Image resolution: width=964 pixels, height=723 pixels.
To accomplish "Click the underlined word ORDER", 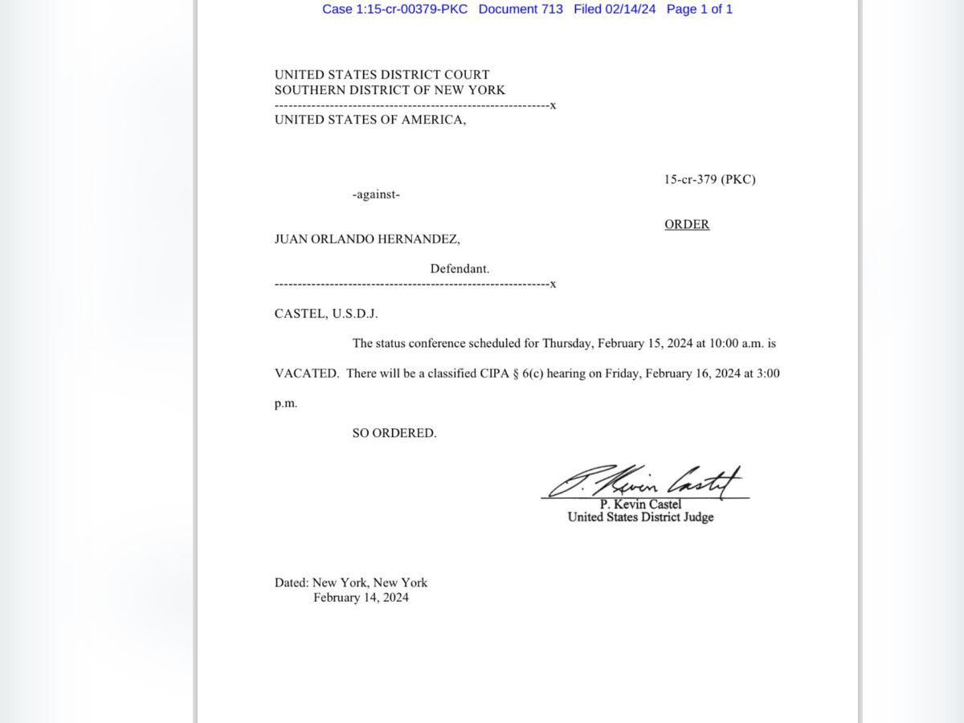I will (x=687, y=224).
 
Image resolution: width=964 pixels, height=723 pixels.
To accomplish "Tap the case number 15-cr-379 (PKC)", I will (x=709, y=179).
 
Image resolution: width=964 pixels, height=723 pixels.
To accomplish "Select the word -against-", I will (x=376, y=194).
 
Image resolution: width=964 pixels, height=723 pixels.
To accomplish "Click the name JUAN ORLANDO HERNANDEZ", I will (x=367, y=239).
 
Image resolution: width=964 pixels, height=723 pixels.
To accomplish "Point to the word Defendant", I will (x=460, y=269).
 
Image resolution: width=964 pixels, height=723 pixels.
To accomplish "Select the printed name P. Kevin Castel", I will (x=640, y=504).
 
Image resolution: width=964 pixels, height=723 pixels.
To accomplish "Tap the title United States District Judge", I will (x=640, y=517).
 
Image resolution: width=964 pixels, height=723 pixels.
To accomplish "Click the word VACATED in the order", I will (x=306, y=374).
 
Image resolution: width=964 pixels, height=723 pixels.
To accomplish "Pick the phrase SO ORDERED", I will (x=394, y=433).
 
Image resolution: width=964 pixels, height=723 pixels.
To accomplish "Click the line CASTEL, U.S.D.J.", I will (x=326, y=313).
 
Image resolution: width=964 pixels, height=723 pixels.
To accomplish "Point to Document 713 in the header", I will (x=521, y=10).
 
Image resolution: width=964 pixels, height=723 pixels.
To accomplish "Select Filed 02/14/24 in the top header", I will (x=615, y=10).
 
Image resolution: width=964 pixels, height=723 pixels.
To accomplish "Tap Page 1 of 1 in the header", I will (x=699, y=10).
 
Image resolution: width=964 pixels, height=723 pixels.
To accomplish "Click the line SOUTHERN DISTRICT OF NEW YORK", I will (x=390, y=90).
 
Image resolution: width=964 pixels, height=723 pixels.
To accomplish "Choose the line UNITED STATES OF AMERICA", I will (x=370, y=120).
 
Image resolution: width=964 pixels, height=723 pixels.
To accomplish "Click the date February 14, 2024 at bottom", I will (x=361, y=598).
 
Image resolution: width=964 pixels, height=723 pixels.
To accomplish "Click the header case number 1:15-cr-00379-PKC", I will (x=394, y=10).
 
